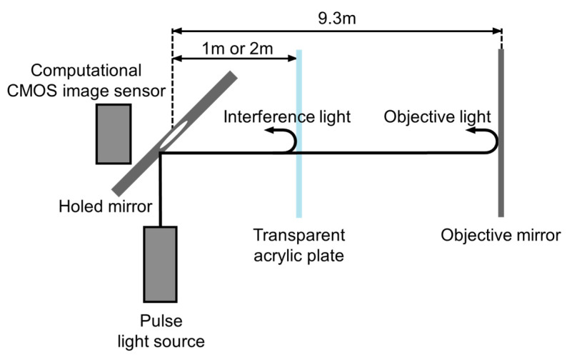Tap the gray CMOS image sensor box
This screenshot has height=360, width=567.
(x=114, y=134)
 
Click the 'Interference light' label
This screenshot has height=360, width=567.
(x=287, y=116)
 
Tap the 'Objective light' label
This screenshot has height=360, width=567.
(x=438, y=116)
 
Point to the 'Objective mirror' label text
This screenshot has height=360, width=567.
(x=501, y=235)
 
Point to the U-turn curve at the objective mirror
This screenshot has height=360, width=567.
(x=493, y=142)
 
